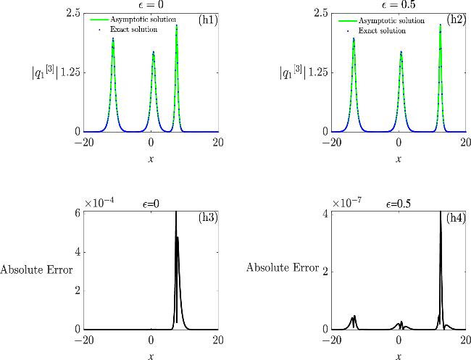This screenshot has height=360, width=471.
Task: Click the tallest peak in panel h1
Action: (177, 26)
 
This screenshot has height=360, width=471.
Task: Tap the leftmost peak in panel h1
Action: (113, 40)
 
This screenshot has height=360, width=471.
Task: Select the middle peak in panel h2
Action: (401, 52)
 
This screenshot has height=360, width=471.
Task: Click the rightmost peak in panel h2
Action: (441, 25)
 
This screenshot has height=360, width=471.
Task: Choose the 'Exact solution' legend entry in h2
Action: (373, 31)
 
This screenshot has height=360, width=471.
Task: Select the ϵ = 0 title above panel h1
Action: (151, 5)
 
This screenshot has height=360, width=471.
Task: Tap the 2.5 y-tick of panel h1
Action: (72, 12)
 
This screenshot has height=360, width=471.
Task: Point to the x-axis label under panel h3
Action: (151, 356)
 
